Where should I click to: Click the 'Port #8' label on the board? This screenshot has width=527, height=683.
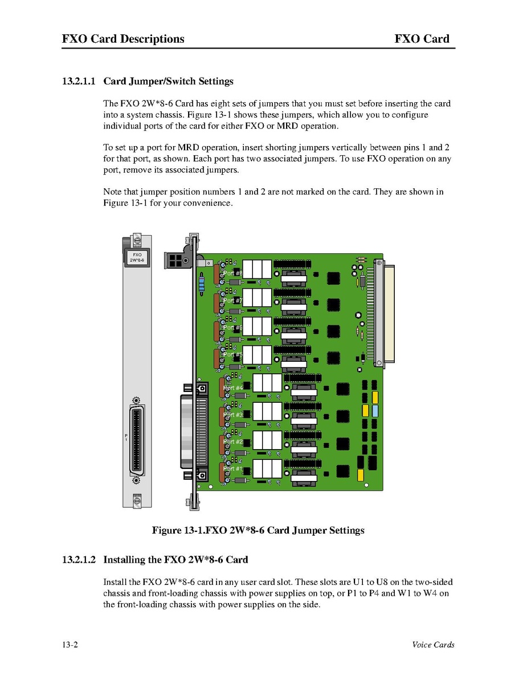232,273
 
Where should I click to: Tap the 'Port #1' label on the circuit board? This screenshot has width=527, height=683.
232,468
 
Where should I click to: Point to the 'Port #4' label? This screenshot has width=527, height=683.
232,387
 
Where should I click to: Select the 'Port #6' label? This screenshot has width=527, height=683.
232,328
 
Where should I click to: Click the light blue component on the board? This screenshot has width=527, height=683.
375,411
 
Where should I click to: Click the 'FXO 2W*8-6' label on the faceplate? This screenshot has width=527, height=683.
137,257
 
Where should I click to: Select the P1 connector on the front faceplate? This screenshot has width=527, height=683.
137,440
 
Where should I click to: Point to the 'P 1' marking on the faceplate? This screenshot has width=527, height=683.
126,438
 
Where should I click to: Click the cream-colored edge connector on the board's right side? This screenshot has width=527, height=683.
389,314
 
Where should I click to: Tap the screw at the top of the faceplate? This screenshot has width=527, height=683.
137,240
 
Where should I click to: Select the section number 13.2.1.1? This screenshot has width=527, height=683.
79,82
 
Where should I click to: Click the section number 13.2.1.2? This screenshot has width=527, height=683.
79,560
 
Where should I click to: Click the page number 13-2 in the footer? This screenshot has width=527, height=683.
70,645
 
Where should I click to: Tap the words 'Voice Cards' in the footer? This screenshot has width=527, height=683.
433,645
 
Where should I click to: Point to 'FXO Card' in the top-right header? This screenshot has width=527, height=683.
422,39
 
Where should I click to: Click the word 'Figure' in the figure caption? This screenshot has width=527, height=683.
166,531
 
